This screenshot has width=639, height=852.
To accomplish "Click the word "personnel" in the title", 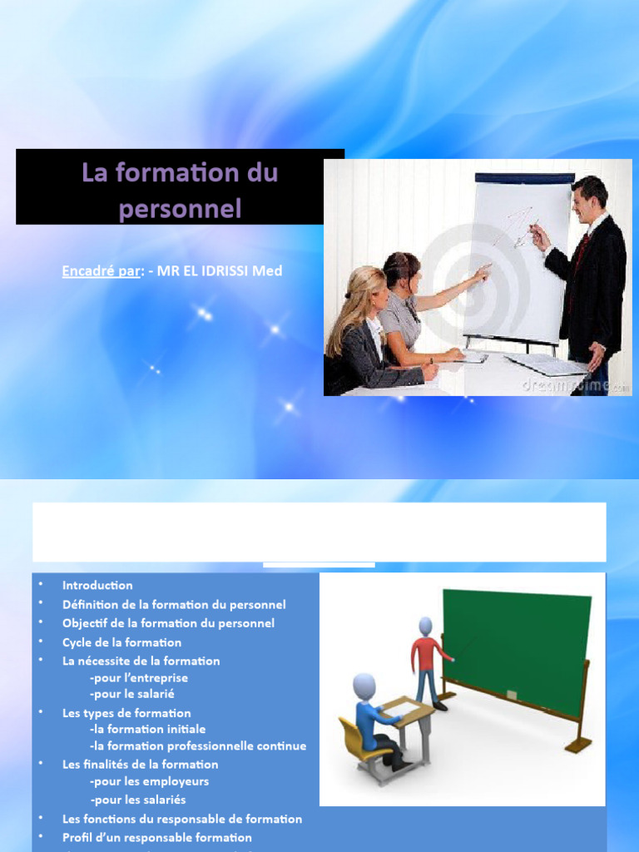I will coord(180,207).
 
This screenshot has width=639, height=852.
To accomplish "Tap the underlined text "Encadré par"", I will coord(100,271).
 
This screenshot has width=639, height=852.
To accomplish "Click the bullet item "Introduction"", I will coord(97,585).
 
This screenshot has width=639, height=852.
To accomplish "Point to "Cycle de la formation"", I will coord(121,642).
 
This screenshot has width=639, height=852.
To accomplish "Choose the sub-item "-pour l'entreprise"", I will coord(139,678).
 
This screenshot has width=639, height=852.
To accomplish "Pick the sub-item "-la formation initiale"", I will coord(147,729).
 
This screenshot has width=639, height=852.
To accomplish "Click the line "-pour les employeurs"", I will coord(149,781).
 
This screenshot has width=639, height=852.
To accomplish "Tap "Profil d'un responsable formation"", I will coord(156,837).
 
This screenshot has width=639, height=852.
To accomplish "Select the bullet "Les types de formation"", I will coord(126,713).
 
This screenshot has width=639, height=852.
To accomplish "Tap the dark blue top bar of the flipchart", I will coord(524,177).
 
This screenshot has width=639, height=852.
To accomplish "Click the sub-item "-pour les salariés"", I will coord(137,800).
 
